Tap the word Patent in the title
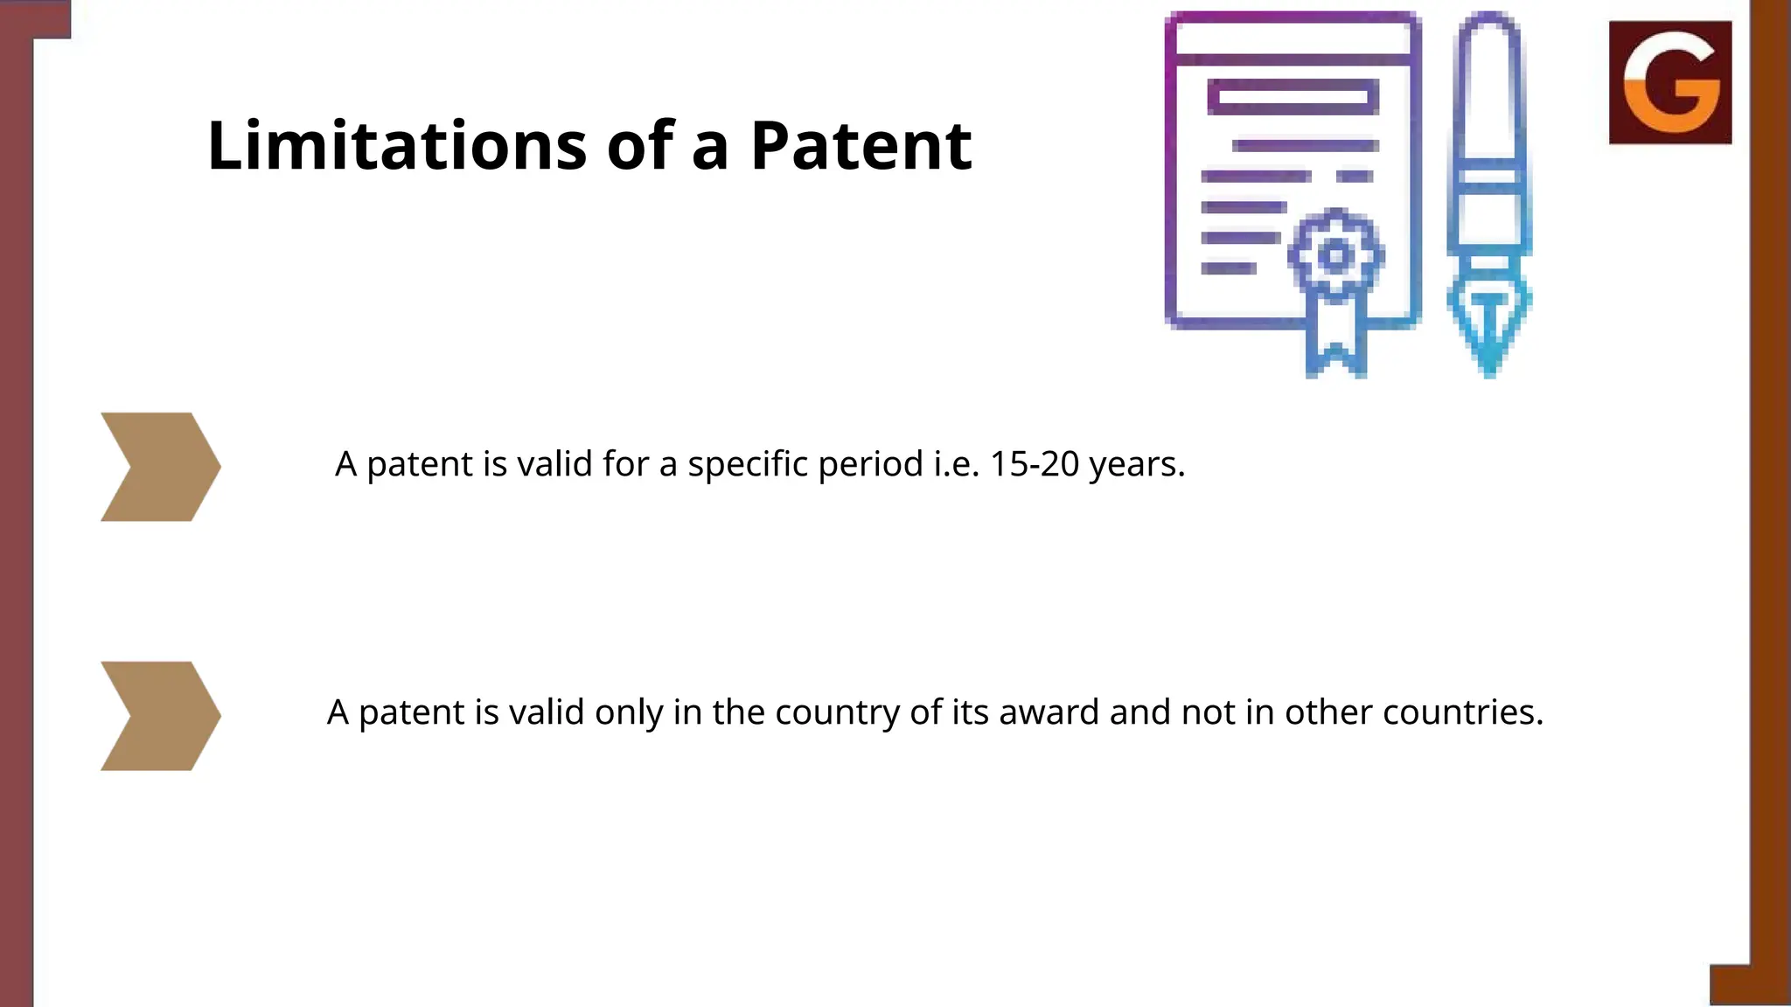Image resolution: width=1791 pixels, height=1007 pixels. point(861,145)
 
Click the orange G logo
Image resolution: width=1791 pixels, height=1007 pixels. point(1669,82)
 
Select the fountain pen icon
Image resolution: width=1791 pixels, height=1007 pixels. point(1488,192)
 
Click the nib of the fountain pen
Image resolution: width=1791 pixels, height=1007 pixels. point(1488,328)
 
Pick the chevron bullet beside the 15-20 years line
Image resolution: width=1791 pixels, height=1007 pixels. point(160,467)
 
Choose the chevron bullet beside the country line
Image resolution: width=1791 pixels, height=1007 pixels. point(160,716)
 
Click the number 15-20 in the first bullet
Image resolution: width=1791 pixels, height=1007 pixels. point(1034,464)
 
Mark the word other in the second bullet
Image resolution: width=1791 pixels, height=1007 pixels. point(1328,712)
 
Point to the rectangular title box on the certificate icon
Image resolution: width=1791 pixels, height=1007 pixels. point(1293,97)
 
